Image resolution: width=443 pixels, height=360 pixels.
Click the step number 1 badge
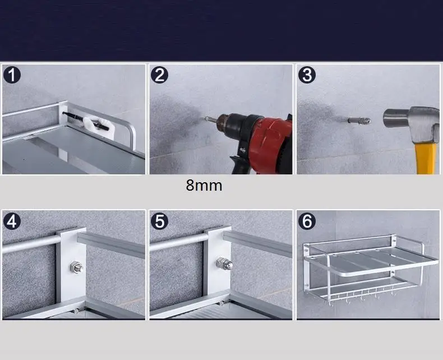coord(12,75)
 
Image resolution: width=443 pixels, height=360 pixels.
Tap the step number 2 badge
coord(159,75)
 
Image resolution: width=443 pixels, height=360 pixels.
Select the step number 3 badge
coord(307,75)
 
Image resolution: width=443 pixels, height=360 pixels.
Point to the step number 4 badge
coord(12,221)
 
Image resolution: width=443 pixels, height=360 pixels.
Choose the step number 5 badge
coord(159,221)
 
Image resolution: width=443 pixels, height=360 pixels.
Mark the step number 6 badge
coord(307,221)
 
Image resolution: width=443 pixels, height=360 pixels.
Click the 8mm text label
coord(204,186)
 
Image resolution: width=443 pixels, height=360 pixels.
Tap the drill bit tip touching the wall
coord(205,118)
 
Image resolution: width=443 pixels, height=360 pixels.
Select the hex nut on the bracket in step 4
coord(76,267)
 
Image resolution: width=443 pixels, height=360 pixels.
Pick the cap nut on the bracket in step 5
coord(225,264)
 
